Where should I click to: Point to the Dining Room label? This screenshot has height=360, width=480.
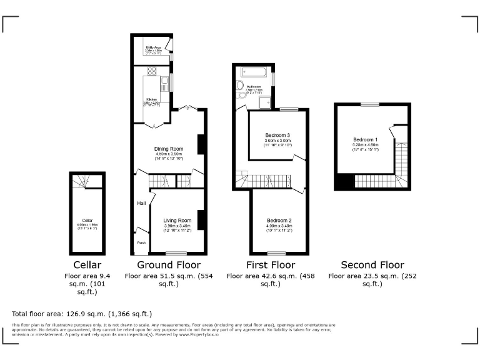168,148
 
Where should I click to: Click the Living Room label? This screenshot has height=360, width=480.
177,221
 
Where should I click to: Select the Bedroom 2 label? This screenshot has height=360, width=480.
279,221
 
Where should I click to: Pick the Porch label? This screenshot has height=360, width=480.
141,242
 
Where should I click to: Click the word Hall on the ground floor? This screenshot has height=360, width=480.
142,203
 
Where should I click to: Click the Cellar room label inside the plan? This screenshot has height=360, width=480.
87,220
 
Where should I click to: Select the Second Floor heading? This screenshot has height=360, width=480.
372,265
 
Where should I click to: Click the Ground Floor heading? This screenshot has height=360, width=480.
169,265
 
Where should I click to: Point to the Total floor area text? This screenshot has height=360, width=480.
82,314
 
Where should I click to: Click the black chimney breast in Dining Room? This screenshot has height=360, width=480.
201,144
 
